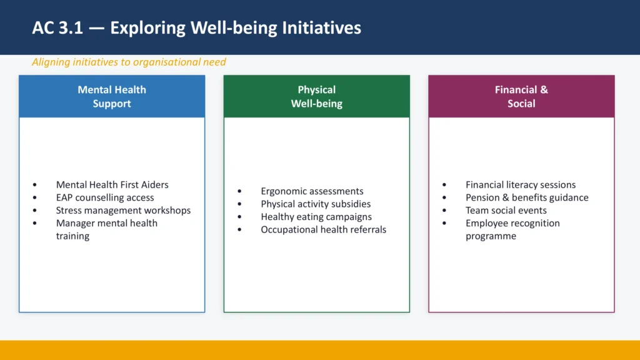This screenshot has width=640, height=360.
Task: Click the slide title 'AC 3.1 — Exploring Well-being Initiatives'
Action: tap(196, 28)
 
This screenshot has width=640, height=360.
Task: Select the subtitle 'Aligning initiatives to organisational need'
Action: tap(129, 62)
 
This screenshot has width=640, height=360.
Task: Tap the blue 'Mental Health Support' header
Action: tap(112, 97)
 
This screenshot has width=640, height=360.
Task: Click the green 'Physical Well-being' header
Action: tap(316, 97)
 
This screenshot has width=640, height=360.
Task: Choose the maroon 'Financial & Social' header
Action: tap(521, 97)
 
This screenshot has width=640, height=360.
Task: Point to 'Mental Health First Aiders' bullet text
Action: tap(112, 184)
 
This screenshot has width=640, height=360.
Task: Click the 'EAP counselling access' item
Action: tap(105, 197)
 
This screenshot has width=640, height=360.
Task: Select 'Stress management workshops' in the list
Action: tap(123, 211)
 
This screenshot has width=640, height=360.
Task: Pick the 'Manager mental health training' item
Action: tap(106, 229)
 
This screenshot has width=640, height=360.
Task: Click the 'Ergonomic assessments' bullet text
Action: tap(312, 191)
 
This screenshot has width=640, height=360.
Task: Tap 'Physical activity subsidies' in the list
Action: tap(316, 204)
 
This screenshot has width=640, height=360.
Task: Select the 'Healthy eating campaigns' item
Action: tap(316, 217)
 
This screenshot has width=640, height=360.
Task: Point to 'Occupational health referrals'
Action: tap(323, 229)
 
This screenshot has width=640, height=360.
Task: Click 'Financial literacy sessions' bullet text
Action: tap(521, 184)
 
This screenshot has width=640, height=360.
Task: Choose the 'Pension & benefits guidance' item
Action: tap(527, 197)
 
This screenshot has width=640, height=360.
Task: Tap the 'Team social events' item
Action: tap(506, 211)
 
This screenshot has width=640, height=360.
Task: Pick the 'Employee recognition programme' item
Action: tap(512, 229)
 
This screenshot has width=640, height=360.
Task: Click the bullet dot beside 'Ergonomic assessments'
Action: tap(240, 191)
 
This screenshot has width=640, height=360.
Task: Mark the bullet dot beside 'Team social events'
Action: tap(444, 211)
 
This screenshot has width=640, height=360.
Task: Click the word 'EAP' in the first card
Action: tap(65, 197)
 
